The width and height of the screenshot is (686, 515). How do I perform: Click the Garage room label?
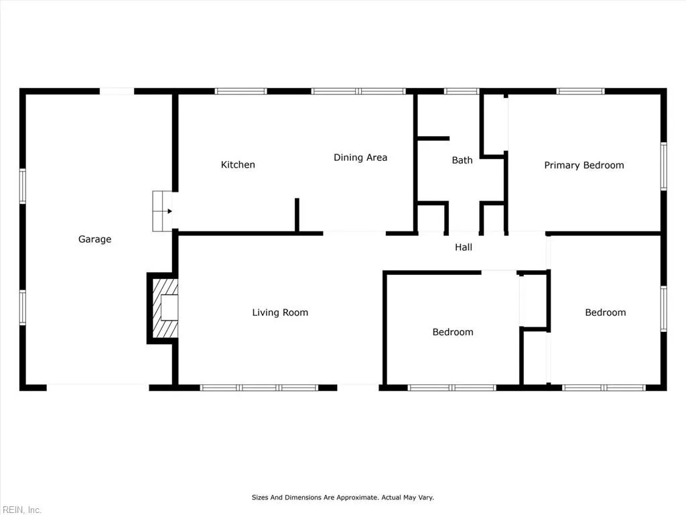click(94, 239)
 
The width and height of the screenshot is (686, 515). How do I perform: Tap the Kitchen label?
click(238, 165)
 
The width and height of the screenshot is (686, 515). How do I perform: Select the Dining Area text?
click(360, 158)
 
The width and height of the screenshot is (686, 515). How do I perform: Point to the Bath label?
click(462, 160)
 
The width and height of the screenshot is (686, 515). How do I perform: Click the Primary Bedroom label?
click(584, 166)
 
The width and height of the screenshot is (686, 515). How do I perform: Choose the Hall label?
click(464, 247)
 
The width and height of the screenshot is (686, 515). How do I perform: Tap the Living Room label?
click(280, 312)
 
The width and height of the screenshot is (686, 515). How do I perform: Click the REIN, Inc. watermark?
click(21, 510)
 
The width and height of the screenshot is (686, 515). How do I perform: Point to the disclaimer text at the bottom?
click(342, 498)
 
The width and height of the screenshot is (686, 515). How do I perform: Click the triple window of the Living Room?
click(259, 388)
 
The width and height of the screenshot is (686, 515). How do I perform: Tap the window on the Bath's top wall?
click(462, 91)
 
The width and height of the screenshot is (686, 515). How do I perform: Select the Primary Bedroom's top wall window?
click(580, 91)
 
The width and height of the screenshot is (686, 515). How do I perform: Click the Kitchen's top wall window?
click(241, 91)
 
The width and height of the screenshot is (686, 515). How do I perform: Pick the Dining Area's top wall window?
click(359, 91)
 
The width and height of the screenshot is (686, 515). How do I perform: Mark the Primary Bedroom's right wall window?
click(663, 166)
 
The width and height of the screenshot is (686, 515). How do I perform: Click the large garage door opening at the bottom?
click(97, 387)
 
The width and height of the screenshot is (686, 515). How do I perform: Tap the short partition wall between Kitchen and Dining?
click(297, 215)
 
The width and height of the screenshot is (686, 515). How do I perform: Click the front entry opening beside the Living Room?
click(358, 387)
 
